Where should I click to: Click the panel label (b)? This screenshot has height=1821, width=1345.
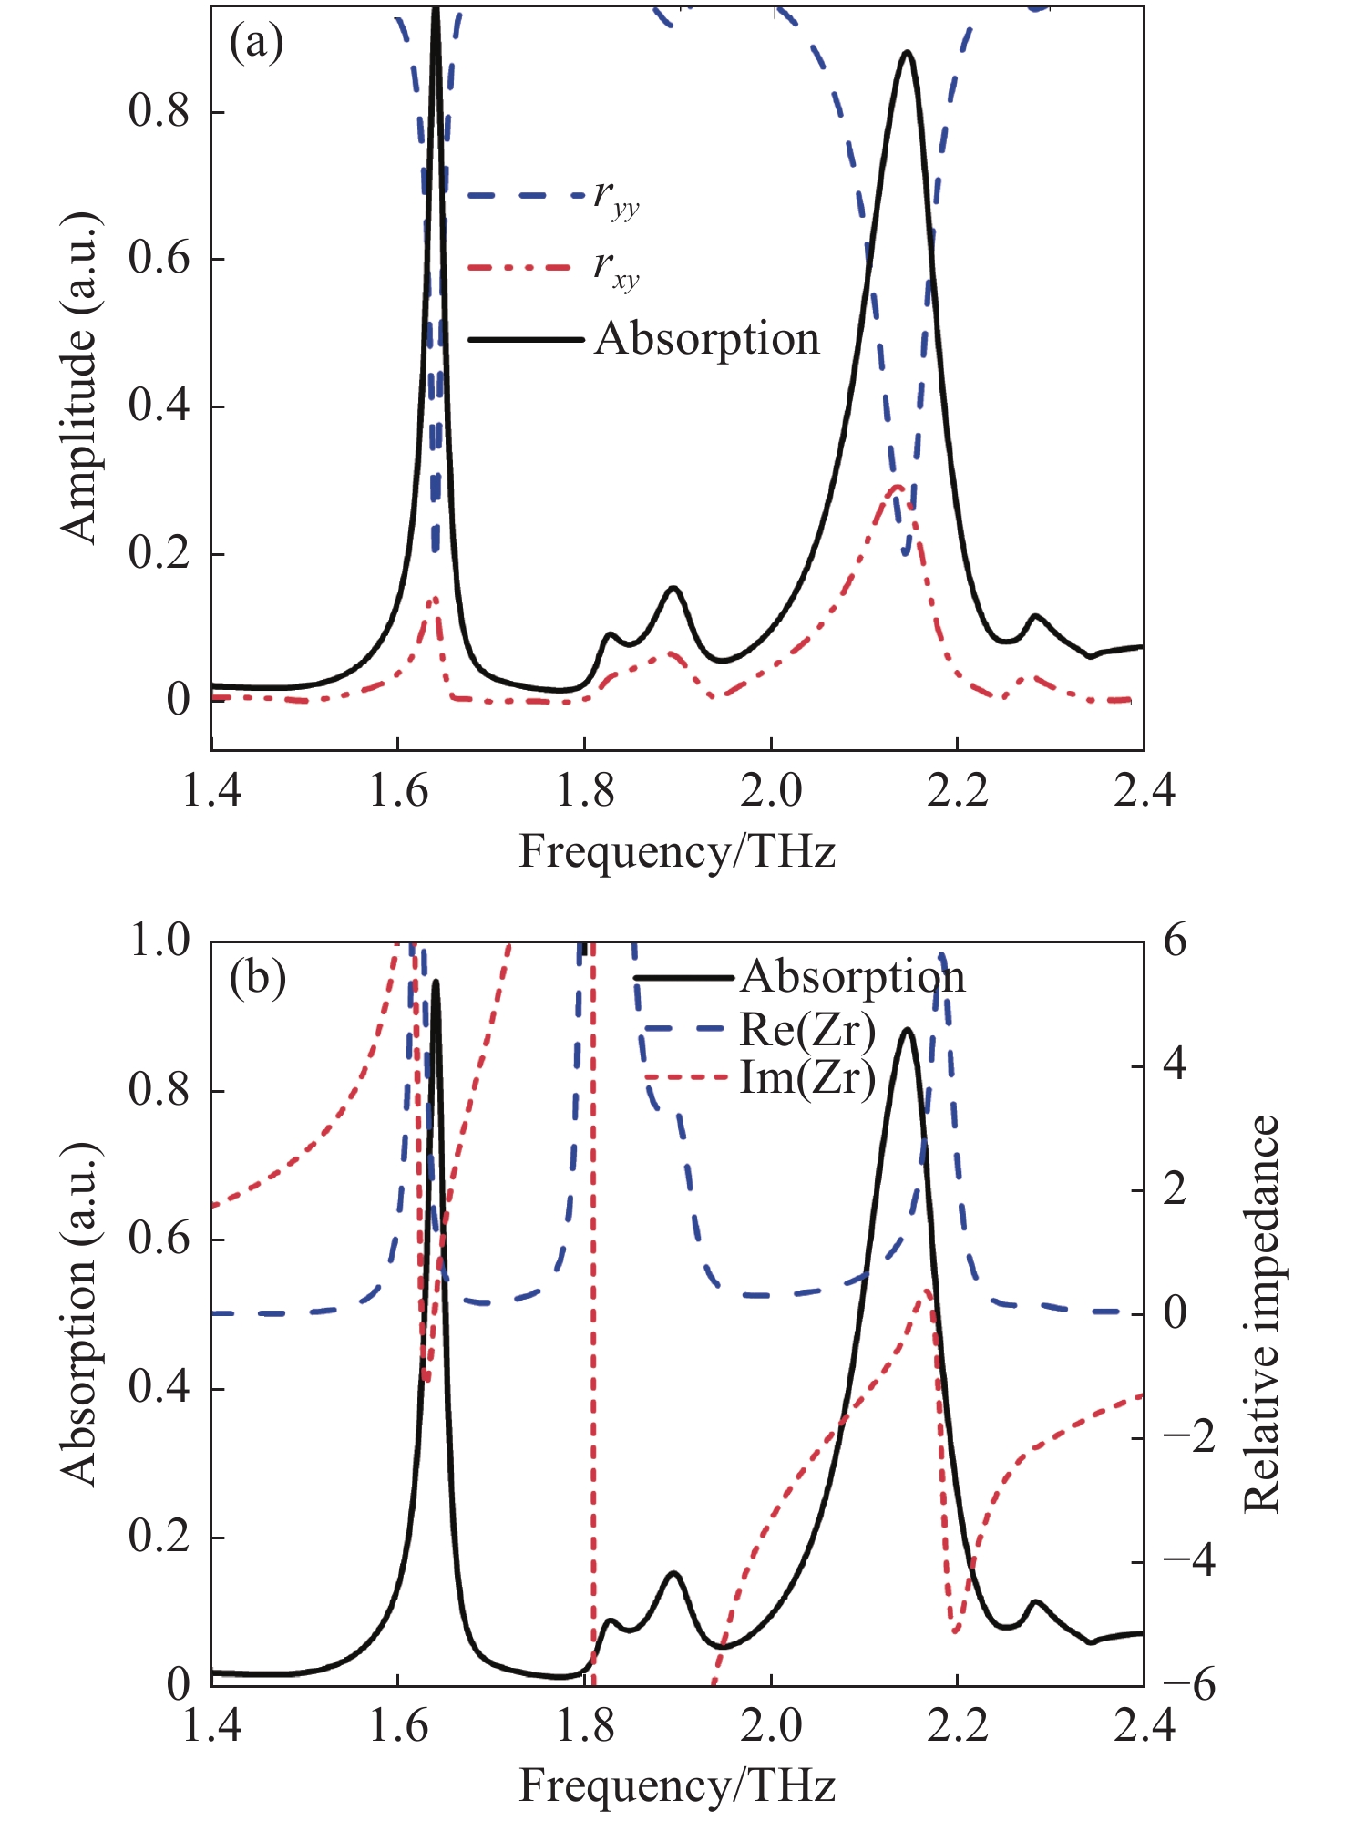tap(258, 978)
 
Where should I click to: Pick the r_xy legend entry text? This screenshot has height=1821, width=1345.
tap(617, 268)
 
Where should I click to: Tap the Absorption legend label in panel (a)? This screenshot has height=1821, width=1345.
tap(707, 339)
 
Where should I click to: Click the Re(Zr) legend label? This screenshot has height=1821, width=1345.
tap(807, 1030)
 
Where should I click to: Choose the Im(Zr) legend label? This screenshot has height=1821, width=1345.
tap(807, 1077)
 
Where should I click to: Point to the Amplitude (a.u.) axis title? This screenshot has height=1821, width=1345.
tap(80, 379)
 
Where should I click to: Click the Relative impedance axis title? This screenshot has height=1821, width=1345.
tap(1263, 1312)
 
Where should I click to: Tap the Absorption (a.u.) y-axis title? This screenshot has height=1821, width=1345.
tap(80, 1312)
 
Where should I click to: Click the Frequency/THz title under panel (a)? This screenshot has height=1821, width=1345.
tap(677, 853)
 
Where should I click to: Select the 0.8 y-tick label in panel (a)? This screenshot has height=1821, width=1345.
tap(159, 111)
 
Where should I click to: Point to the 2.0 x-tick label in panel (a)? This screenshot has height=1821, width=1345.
tap(771, 790)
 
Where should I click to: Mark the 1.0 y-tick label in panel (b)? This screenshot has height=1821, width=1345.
tap(159, 941)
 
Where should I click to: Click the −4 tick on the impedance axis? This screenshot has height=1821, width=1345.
tap(1188, 1561)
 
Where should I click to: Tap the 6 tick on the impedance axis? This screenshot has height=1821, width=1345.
tap(1176, 941)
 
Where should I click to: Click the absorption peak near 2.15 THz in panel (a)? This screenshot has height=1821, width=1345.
tap(907, 53)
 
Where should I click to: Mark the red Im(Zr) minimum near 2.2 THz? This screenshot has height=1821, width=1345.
tap(955, 1630)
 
